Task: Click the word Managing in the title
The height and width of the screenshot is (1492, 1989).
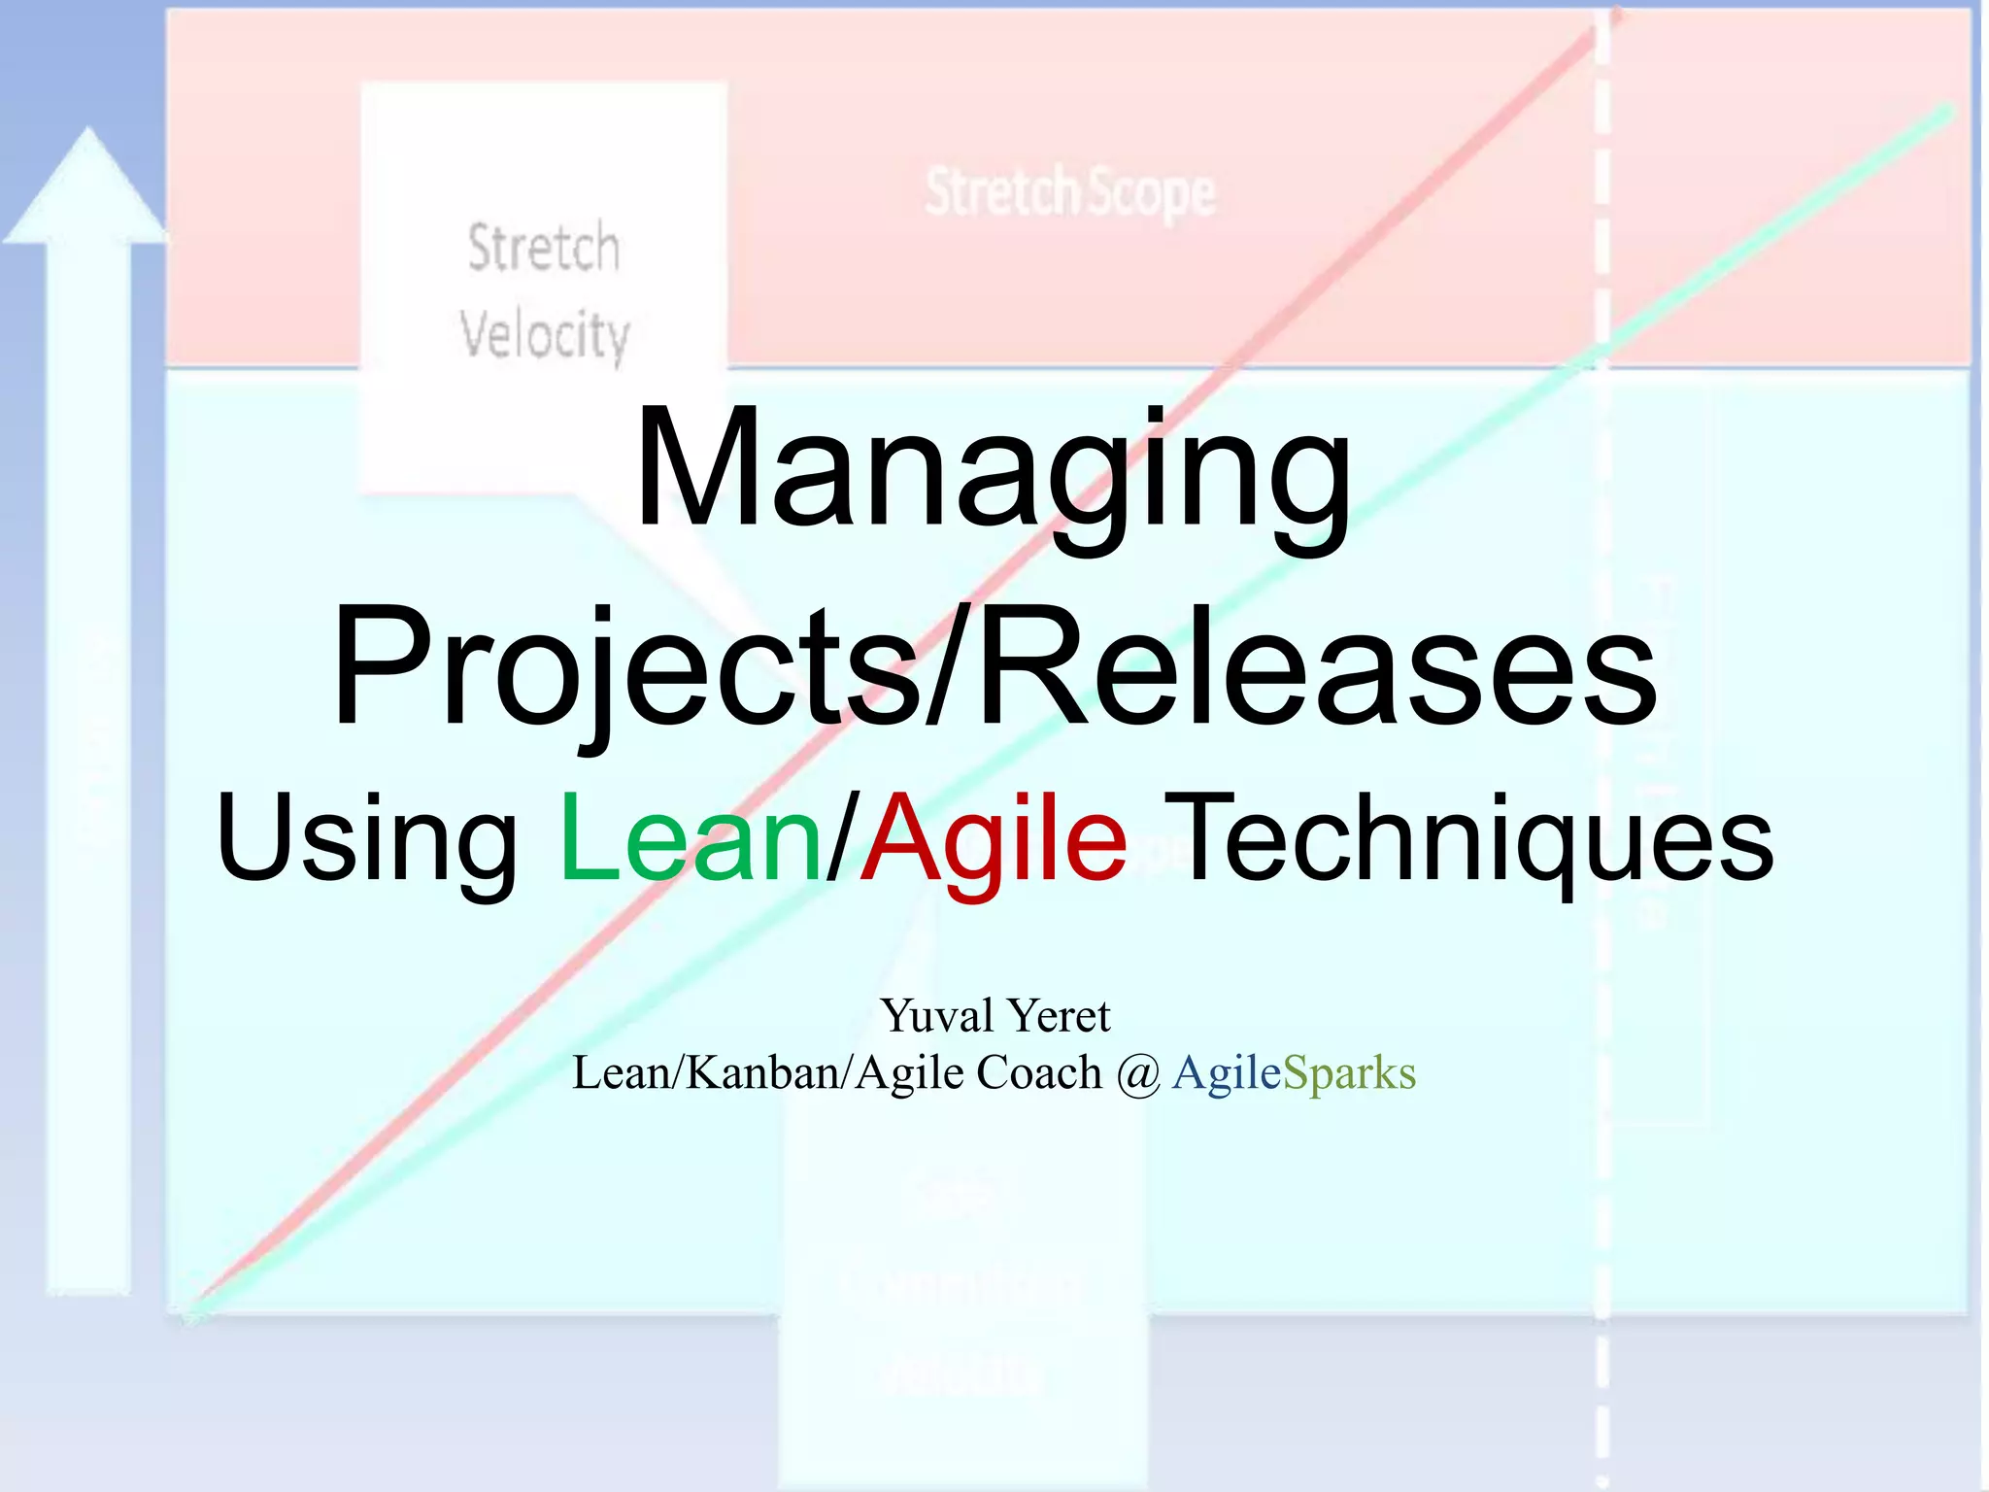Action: click(x=993, y=471)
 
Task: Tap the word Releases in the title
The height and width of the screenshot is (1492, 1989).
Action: click(x=1316, y=668)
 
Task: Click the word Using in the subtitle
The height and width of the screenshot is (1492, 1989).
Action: click(x=366, y=840)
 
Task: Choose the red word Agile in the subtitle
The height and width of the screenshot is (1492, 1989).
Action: click(x=993, y=840)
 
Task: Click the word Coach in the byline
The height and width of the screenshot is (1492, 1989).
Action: click(x=1038, y=1073)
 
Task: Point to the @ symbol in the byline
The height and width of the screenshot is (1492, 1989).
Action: click(x=1137, y=1075)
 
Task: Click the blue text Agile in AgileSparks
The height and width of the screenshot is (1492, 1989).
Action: click(x=1227, y=1073)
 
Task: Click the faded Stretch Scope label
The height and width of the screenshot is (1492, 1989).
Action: click(x=1069, y=193)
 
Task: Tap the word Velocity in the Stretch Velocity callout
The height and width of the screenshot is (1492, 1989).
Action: click(x=545, y=335)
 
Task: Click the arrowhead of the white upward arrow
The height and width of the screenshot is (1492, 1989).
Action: click(x=87, y=185)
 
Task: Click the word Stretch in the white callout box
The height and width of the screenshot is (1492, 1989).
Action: click(x=544, y=248)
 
